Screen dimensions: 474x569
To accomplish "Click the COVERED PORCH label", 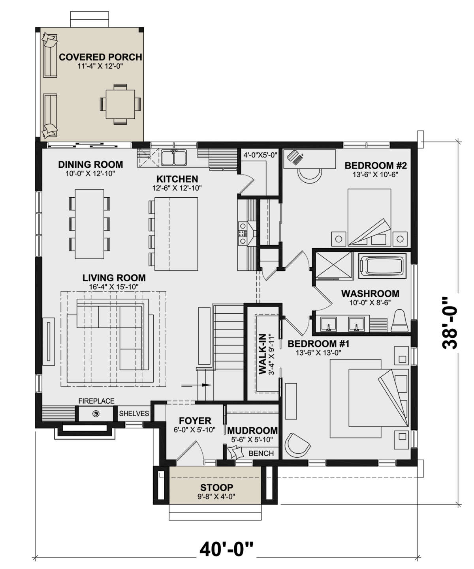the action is pyautogui.click(x=100, y=57).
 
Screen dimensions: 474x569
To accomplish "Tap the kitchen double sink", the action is pyautogui.click(x=173, y=157).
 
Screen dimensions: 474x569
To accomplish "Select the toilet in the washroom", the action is pyautogui.click(x=399, y=321).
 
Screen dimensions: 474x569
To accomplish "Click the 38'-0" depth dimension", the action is pyautogui.click(x=450, y=322).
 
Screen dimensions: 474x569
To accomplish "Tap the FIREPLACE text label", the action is pyautogui.click(x=96, y=401).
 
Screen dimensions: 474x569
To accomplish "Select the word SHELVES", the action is pyautogui.click(x=134, y=414).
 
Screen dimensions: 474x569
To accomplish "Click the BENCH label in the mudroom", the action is pyautogui.click(x=261, y=453).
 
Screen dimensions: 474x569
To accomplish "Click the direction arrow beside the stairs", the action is pyautogui.click(x=196, y=385).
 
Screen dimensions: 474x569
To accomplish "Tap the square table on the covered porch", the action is pyautogui.click(x=120, y=104).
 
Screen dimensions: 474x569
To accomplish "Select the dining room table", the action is pyautogui.click(x=90, y=224).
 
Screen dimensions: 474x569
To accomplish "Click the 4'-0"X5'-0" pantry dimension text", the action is pyautogui.click(x=260, y=155).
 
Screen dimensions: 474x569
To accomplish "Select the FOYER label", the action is pyautogui.click(x=195, y=421).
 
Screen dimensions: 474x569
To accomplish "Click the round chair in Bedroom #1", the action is pyautogui.click(x=297, y=445).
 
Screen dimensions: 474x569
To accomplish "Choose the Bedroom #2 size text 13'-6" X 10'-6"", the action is pyautogui.click(x=376, y=175).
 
